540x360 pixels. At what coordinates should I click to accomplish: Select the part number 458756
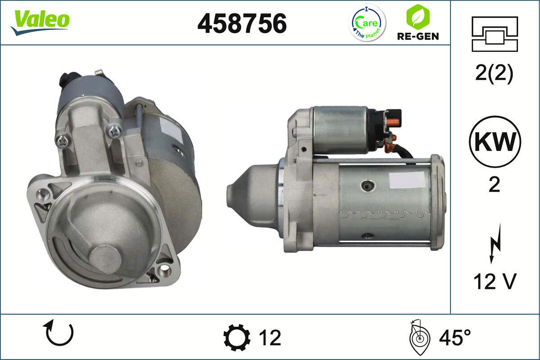242,23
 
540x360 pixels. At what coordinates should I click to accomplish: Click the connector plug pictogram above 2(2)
495,34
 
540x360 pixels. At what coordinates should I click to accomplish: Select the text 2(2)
494,74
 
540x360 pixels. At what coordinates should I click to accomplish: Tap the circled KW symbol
495,142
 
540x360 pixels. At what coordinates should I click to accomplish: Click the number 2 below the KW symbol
494,184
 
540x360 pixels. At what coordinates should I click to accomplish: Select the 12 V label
494,282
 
